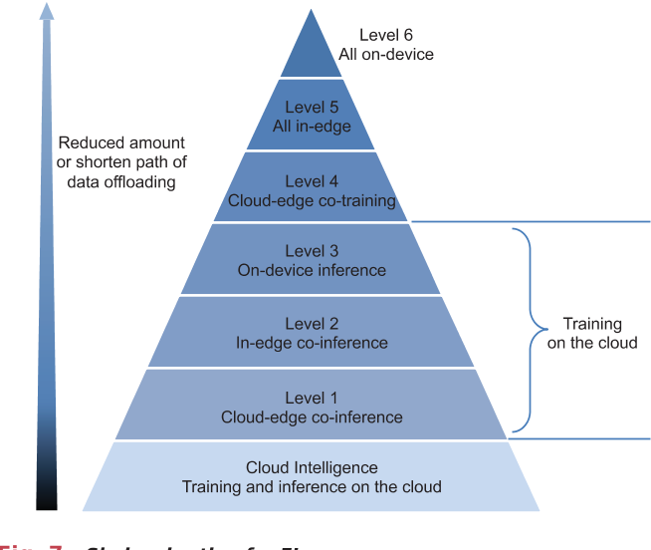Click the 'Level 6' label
[x=385, y=36]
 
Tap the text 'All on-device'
[x=385, y=54]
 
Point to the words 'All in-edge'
[x=312, y=126]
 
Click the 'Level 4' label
[x=312, y=181]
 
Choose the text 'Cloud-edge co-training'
[x=312, y=200]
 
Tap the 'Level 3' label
[x=312, y=251]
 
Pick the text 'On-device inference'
[x=312, y=270]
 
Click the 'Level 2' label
[x=312, y=324]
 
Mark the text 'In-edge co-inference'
[x=312, y=343]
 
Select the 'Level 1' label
[x=312, y=398]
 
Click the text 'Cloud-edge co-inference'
[x=312, y=416]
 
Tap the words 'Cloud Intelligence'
[x=312, y=468]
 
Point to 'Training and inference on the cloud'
[x=312, y=487]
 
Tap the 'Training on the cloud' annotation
[x=592, y=333]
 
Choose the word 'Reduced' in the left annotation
[x=88, y=142]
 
